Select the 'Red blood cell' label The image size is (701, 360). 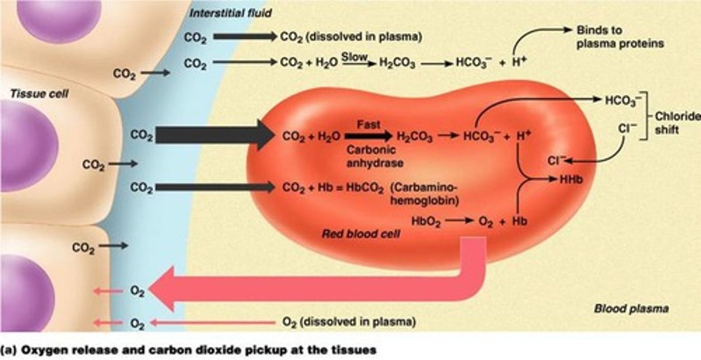[x=361, y=234]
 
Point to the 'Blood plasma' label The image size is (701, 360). [x=631, y=308]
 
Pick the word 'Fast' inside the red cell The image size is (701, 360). [x=369, y=125]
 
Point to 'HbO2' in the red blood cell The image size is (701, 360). [x=426, y=221]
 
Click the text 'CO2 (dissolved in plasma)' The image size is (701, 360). [x=350, y=36]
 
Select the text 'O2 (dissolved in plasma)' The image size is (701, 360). [x=349, y=322]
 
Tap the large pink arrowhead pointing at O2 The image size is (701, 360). [x=163, y=290]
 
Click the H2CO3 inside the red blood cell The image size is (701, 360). [x=414, y=138]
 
